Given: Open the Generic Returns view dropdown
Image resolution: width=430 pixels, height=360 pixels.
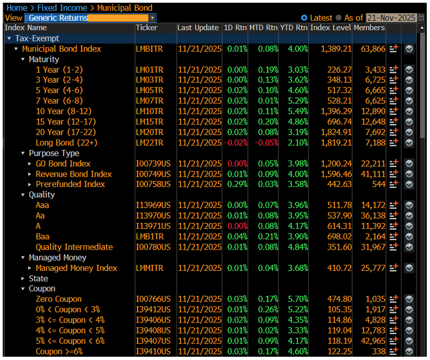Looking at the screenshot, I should click(152, 18).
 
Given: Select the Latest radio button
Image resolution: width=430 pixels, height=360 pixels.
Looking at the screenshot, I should click(304, 18).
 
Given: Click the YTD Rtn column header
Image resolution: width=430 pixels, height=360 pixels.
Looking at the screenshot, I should click(294, 28).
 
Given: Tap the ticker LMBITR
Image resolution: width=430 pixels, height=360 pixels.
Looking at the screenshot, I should click(149, 49).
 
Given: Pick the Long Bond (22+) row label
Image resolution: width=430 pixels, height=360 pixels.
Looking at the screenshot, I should click(66, 143).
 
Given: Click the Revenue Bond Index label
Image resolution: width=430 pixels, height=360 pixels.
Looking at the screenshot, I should click(74, 174).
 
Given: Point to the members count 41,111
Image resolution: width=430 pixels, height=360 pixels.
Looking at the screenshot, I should click(373, 174).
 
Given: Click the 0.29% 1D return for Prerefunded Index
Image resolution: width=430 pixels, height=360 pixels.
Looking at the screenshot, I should click(236, 184).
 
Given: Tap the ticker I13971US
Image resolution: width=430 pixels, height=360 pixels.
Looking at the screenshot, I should click(153, 226).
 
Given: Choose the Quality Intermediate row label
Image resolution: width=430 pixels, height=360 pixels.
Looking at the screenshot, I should click(74, 247).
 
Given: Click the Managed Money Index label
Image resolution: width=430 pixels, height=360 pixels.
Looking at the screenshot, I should click(77, 268).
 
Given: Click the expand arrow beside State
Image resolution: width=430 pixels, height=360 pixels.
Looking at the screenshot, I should click(23, 278).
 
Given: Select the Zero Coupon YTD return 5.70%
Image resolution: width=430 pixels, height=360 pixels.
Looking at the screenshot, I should click(294, 299).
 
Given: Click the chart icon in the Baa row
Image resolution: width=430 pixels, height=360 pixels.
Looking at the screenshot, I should click(409, 237).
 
